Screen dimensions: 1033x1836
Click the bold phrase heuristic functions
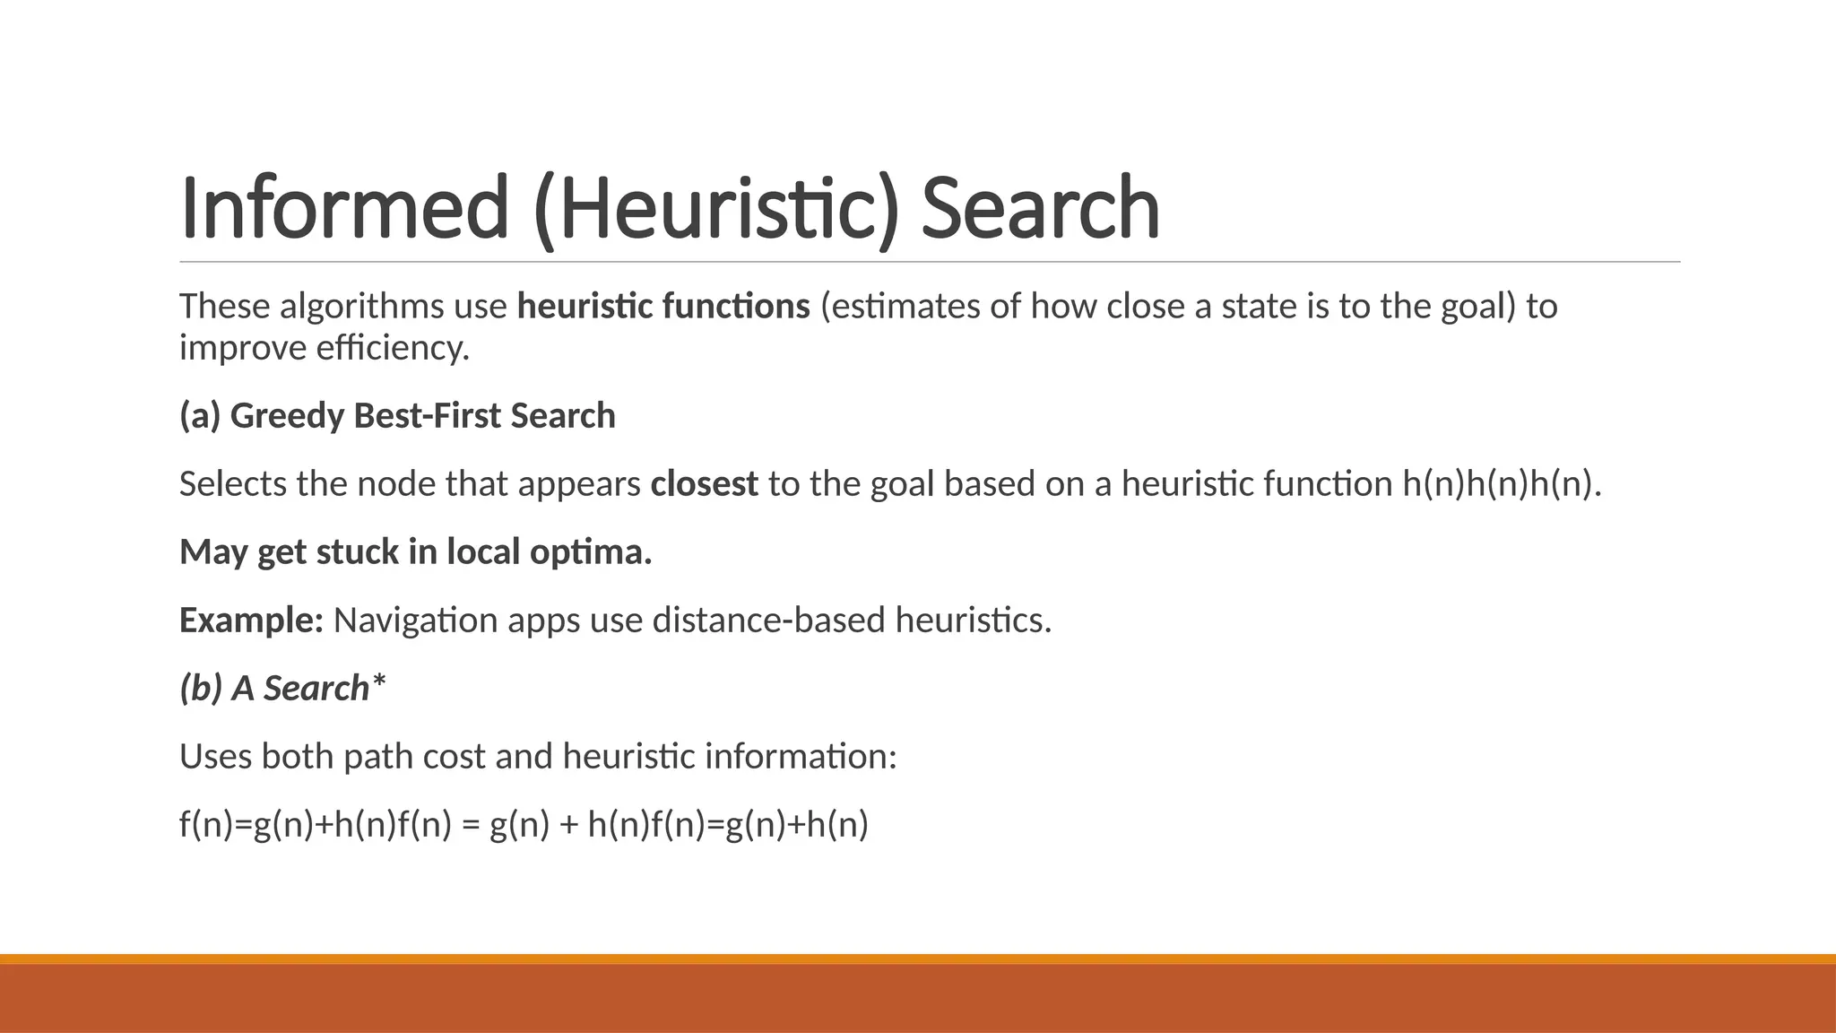tap(663, 307)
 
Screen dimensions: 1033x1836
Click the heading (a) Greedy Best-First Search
tap(397, 416)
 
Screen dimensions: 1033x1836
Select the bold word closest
tap(704, 484)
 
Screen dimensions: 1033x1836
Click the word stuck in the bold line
tap(357, 551)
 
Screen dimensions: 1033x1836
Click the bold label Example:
tap(251, 620)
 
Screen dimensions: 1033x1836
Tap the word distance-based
tap(768, 620)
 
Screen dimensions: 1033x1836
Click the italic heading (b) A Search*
tap(282, 688)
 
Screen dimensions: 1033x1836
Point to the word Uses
tap(215, 756)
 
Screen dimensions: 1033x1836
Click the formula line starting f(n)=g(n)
tap(524, 824)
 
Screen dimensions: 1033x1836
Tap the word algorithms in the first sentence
tap(361, 307)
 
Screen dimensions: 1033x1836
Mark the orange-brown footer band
tap(918, 997)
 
